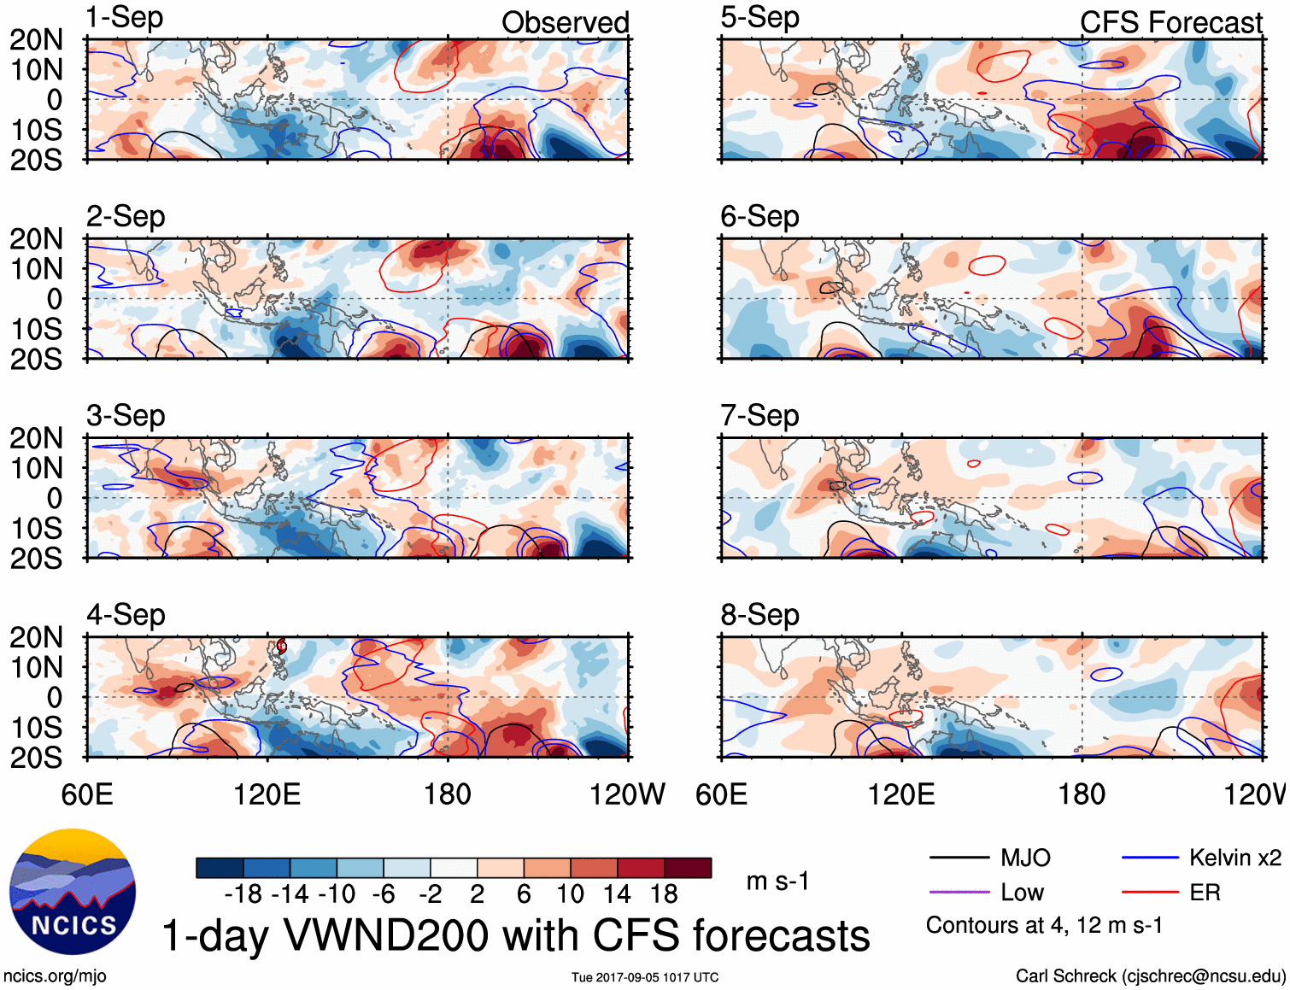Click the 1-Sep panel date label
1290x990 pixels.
tap(125, 18)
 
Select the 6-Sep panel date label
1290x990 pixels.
tap(759, 217)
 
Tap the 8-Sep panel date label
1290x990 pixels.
tap(759, 615)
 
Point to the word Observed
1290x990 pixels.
tap(565, 23)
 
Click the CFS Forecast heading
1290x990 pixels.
tap(1170, 23)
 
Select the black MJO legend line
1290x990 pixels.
tap(959, 858)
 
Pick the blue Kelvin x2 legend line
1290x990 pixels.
tap(1149, 858)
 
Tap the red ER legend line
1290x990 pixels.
tap(1149, 893)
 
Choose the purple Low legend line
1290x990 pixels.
tap(959, 893)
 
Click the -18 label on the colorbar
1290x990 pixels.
tap(243, 894)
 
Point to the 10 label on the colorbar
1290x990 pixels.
tap(570, 894)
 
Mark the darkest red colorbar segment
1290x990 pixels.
tap(688, 868)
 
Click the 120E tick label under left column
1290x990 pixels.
tap(267, 795)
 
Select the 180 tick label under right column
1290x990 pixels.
tap(1082, 795)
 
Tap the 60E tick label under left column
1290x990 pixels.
tap(87, 795)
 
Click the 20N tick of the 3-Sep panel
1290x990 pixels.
tap(36, 438)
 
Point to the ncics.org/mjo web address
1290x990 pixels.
tap(55, 975)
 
